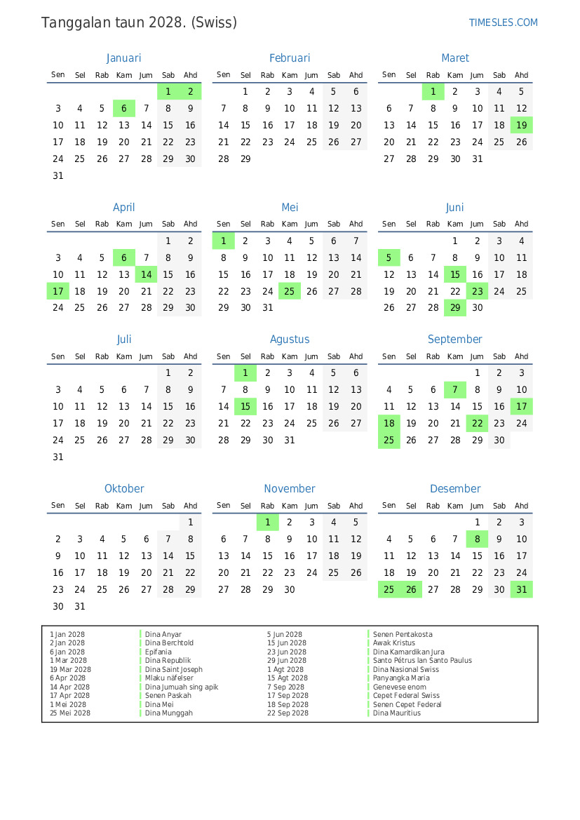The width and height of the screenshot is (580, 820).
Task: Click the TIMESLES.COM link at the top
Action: coord(503,22)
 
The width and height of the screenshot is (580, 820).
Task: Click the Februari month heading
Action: coord(289,58)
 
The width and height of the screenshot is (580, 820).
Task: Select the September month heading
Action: coord(454,340)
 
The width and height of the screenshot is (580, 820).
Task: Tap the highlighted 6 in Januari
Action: coord(123,108)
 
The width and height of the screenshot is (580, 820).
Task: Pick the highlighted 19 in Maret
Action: coord(521,125)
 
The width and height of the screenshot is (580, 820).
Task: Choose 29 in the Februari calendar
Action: coord(245,159)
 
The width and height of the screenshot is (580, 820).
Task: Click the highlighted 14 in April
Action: coord(146,274)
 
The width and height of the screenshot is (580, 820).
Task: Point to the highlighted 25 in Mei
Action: coord(289,291)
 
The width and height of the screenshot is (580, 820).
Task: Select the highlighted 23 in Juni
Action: coord(477,291)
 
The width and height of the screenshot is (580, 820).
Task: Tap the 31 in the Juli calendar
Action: coord(58,457)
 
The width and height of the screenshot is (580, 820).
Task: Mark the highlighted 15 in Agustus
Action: coord(245,406)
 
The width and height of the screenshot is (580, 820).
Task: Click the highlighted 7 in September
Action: coord(455,389)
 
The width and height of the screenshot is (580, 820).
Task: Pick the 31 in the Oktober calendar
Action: coord(80,606)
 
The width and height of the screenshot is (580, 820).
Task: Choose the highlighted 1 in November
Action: coord(267,522)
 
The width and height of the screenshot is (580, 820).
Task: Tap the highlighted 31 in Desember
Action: coord(521,589)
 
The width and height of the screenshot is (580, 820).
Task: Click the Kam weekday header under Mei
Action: coord(289,224)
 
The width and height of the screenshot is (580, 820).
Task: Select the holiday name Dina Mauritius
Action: coord(397,713)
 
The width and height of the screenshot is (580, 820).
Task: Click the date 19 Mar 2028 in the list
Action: coord(70,669)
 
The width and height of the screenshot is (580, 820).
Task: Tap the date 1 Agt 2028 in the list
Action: coord(285,669)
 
